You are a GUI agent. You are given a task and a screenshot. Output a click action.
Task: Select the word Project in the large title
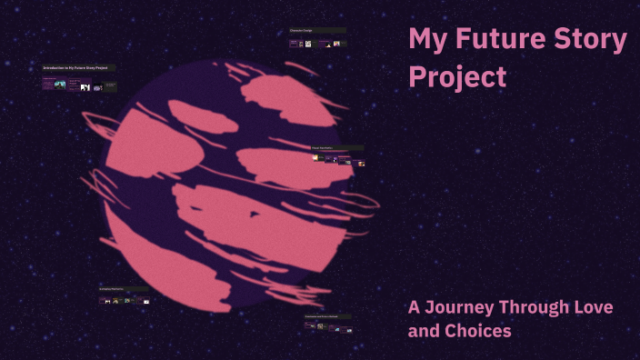click(457, 77)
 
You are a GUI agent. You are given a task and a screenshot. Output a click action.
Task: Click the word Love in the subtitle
click(593, 307)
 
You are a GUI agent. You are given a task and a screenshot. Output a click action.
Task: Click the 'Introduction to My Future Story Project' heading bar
click(78, 68)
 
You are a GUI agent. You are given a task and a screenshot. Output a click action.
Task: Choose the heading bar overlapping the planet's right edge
click(337, 147)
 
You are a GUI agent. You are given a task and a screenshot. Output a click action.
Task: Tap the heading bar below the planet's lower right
click(328, 316)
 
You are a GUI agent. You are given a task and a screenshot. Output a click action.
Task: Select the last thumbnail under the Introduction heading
click(109, 86)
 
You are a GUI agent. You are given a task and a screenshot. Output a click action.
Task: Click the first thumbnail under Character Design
click(295, 43)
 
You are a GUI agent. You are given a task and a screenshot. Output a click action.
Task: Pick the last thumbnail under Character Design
click(340, 43)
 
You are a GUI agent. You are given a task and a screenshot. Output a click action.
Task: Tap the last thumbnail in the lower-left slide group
click(145, 300)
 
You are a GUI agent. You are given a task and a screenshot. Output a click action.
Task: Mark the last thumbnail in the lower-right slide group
click(346, 328)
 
